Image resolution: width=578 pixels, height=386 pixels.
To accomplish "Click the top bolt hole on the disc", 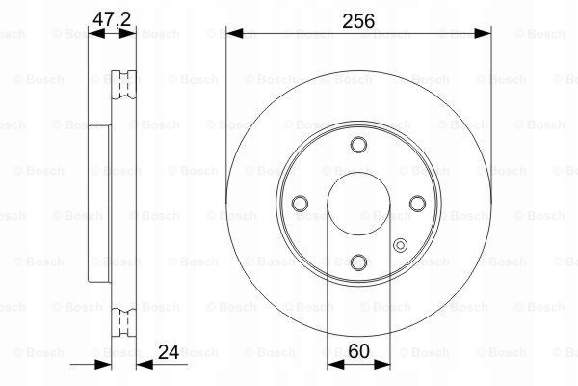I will [358, 145].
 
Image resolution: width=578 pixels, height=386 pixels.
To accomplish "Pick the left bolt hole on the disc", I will [300, 204].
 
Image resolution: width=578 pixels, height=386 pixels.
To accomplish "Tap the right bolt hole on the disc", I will [417, 204].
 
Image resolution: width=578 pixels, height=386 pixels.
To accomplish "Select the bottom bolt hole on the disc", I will [358, 262].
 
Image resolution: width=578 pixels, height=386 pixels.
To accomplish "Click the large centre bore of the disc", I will [358, 204].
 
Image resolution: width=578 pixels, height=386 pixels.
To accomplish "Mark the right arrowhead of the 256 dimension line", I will [484, 34].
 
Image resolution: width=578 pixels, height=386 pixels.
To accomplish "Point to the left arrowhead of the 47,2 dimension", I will [93, 34].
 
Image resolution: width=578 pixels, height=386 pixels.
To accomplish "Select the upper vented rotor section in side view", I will [123, 86].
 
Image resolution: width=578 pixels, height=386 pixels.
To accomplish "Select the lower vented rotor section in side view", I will [123, 319].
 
